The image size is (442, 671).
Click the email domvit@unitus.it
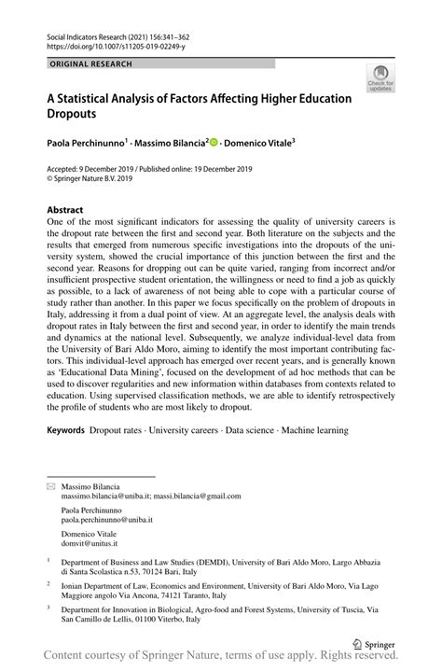[90, 542]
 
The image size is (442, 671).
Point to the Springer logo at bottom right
[377, 644]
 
